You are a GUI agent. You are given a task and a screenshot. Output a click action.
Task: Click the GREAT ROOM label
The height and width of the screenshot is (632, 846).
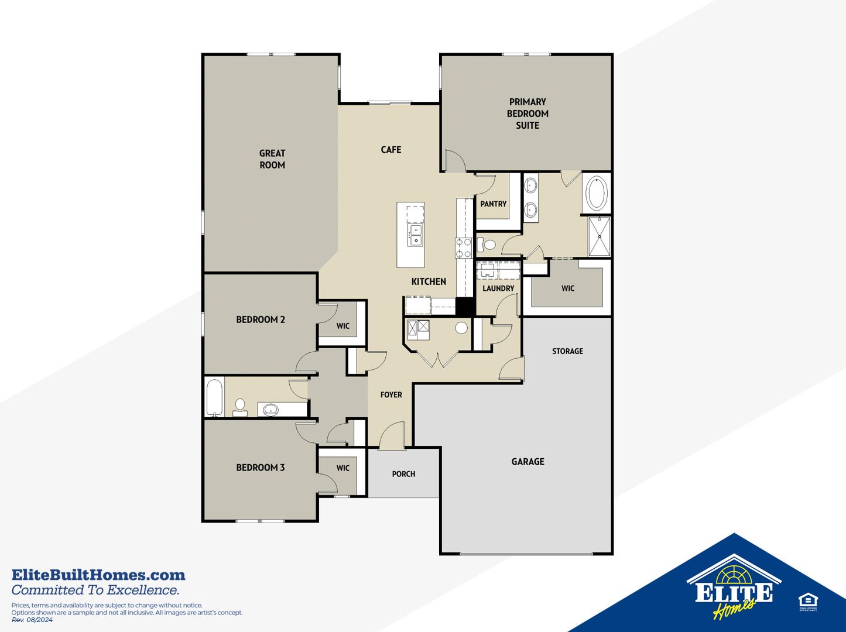tap(272, 159)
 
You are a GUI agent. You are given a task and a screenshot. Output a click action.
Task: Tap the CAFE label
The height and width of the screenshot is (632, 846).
tap(391, 149)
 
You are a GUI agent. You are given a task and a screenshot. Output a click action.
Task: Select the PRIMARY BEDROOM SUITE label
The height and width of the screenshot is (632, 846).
tap(528, 114)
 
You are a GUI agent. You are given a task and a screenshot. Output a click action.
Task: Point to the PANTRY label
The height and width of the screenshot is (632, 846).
tap(494, 204)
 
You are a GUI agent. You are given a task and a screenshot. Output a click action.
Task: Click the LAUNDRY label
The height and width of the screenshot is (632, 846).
tap(498, 288)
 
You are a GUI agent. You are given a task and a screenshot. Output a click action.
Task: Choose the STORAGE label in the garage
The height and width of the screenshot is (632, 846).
tap(567, 351)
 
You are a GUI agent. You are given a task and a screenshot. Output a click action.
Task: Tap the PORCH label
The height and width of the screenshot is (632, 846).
tap(403, 474)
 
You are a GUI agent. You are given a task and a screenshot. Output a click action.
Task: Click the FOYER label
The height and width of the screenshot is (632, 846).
tap(391, 395)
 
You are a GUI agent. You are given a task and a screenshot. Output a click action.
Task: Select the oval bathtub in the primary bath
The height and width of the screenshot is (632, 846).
tap(596, 193)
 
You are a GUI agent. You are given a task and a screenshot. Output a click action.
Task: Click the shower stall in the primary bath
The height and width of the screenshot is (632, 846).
tap(600, 236)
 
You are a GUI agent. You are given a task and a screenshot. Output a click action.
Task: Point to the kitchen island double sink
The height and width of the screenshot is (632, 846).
tap(415, 235)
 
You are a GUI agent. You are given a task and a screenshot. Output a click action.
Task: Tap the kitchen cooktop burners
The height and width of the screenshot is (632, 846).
tap(464, 248)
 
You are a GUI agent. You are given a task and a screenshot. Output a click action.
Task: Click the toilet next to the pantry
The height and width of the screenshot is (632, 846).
tap(487, 244)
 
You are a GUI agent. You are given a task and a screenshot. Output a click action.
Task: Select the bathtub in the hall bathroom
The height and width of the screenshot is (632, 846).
tap(215, 397)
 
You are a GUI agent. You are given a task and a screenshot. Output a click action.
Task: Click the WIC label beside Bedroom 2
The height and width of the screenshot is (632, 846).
tap(342, 326)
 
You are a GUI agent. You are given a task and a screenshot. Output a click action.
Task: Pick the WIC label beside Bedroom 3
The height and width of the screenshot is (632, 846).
tap(342, 468)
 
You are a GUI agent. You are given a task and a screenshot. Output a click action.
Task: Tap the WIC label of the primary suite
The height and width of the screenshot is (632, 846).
tap(568, 288)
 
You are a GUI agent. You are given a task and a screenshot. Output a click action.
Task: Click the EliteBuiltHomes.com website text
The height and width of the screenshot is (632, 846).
tap(98, 575)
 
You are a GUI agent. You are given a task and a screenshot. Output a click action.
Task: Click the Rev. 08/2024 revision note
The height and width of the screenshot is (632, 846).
tap(32, 620)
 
